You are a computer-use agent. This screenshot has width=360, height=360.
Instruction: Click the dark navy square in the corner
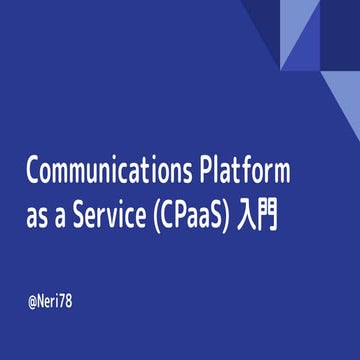tap(340, 19)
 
